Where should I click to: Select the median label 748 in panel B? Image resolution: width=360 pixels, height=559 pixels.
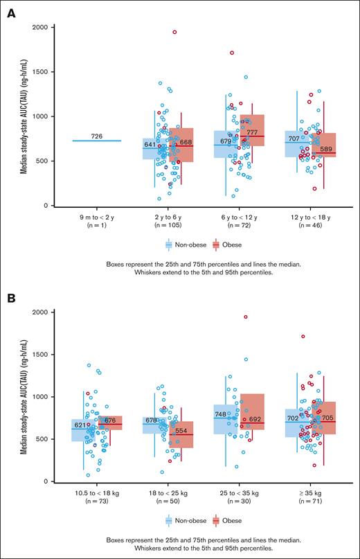coord(221,414)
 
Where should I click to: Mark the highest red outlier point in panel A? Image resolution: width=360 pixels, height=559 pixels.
coord(174,32)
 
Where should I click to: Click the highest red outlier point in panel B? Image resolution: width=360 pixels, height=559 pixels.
coord(246,317)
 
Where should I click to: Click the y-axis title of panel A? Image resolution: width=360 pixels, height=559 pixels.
coord(24,116)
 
